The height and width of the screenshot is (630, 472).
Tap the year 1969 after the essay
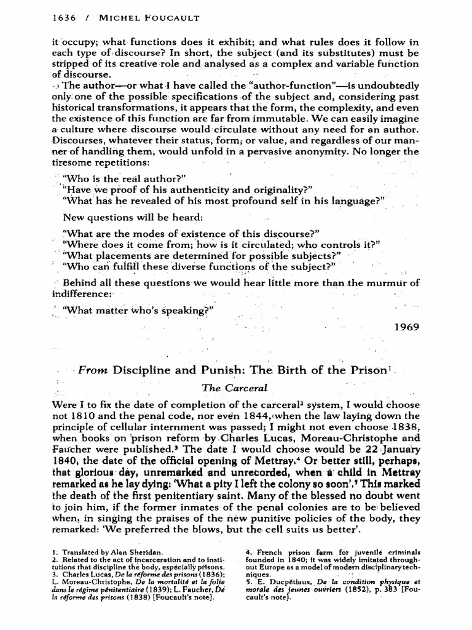click(x=407, y=327)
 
